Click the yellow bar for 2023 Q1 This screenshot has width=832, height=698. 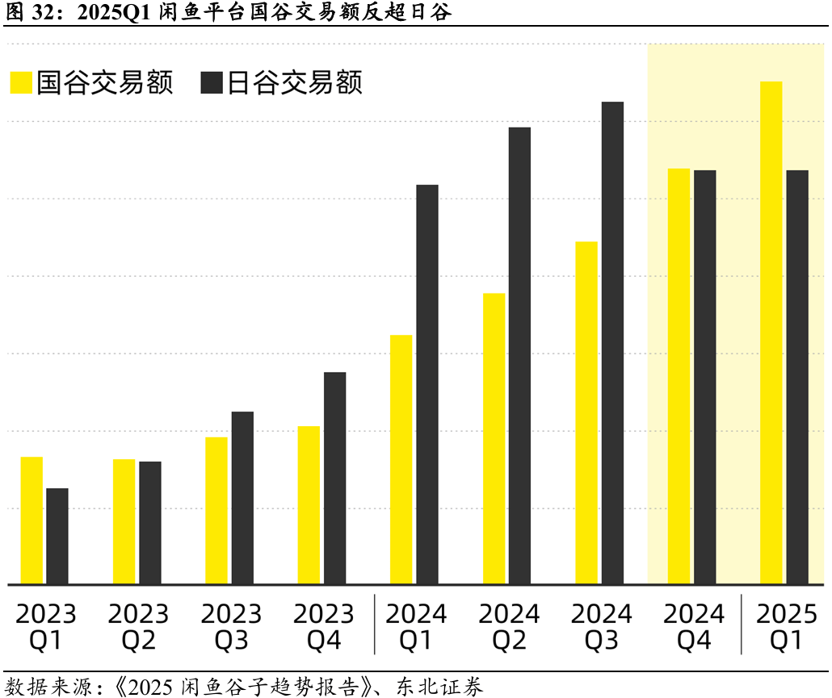pyautogui.click(x=32, y=520)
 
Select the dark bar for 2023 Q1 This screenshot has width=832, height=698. pyautogui.click(x=57, y=536)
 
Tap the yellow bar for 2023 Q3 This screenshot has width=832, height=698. pyautogui.click(x=216, y=510)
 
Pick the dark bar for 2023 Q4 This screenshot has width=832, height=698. pyautogui.click(x=334, y=478)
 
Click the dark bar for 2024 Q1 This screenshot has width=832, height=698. pyautogui.click(x=427, y=384)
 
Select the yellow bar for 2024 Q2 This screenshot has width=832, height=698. pyautogui.click(x=494, y=438)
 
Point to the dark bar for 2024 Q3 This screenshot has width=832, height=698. pyautogui.click(x=612, y=343)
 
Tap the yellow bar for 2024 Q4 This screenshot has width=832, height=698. pyautogui.click(x=679, y=376)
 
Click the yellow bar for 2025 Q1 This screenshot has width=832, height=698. pyautogui.click(x=771, y=332)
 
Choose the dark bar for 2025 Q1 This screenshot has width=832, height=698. pyautogui.click(x=797, y=377)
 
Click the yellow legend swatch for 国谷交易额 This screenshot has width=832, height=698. pyautogui.click(x=21, y=83)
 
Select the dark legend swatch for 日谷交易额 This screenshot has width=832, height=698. pyautogui.click(x=212, y=83)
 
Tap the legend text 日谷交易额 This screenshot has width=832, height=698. pyautogui.click(x=294, y=83)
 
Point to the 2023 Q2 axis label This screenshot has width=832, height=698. pyautogui.click(x=138, y=627)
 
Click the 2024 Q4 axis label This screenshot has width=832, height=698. pyautogui.click(x=694, y=627)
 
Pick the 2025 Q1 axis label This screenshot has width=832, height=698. pyautogui.click(x=787, y=627)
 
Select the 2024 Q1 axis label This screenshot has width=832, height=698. pyautogui.click(x=416, y=627)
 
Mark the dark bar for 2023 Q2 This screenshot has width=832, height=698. pyautogui.click(x=150, y=523)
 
